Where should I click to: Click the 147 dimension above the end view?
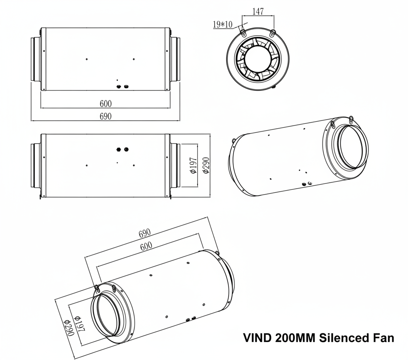pos(258,11)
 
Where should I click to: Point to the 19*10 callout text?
pos(222,25)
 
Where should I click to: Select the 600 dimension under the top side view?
pos(105,103)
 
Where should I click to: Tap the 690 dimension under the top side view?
pos(105,116)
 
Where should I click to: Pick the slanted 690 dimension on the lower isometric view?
pos(145,233)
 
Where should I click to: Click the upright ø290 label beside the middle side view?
pos(206,165)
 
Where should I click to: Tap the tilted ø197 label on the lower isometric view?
pos(80,323)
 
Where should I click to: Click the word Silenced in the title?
pos(343,338)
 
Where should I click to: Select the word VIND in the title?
pos(257,338)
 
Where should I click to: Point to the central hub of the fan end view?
pos(258,59)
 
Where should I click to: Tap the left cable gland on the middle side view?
pos(119,149)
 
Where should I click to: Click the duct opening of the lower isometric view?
pos(108,313)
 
